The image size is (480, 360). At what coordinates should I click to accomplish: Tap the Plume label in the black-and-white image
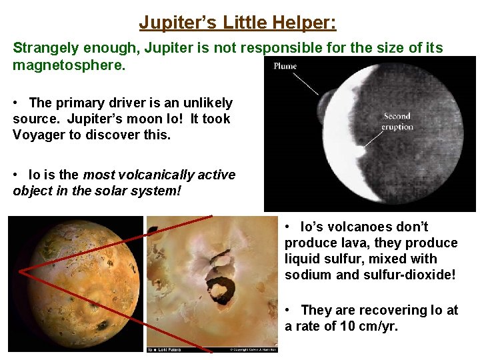coord(285,66)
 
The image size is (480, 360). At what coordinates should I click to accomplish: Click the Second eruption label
coord(398,121)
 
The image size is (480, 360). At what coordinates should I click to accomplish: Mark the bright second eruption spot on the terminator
coord(361,151)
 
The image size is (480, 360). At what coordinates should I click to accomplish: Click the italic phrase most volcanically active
coord(159,175)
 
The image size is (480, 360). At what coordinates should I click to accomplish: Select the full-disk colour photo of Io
coord(76,283)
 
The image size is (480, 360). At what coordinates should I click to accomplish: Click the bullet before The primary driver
coord(16,103)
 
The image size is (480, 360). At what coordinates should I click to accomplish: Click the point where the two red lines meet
coord(19,271)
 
